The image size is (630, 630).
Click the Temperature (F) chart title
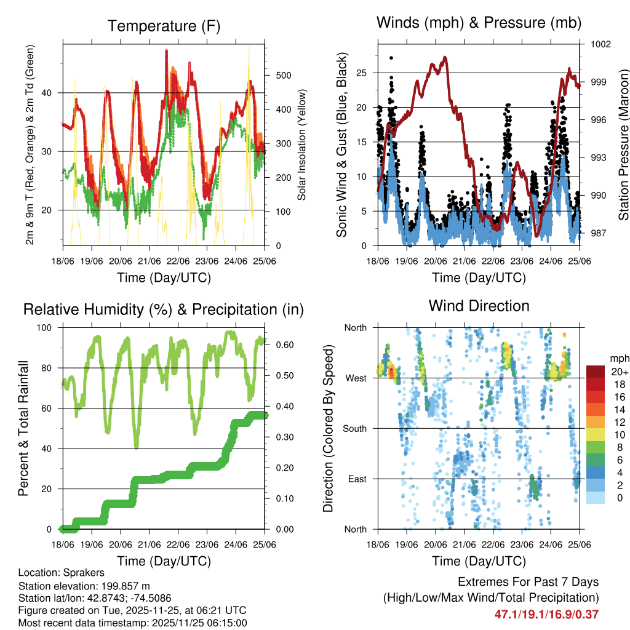pos(163,26)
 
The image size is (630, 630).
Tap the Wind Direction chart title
pos(479,306)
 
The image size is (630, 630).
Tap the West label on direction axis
pos(356,378)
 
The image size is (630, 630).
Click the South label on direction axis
pos(354,428)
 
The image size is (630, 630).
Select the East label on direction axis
pos(356,479)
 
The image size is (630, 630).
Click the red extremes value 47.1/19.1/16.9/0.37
pos(546,614)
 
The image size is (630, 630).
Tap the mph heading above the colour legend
pos(618,358)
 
